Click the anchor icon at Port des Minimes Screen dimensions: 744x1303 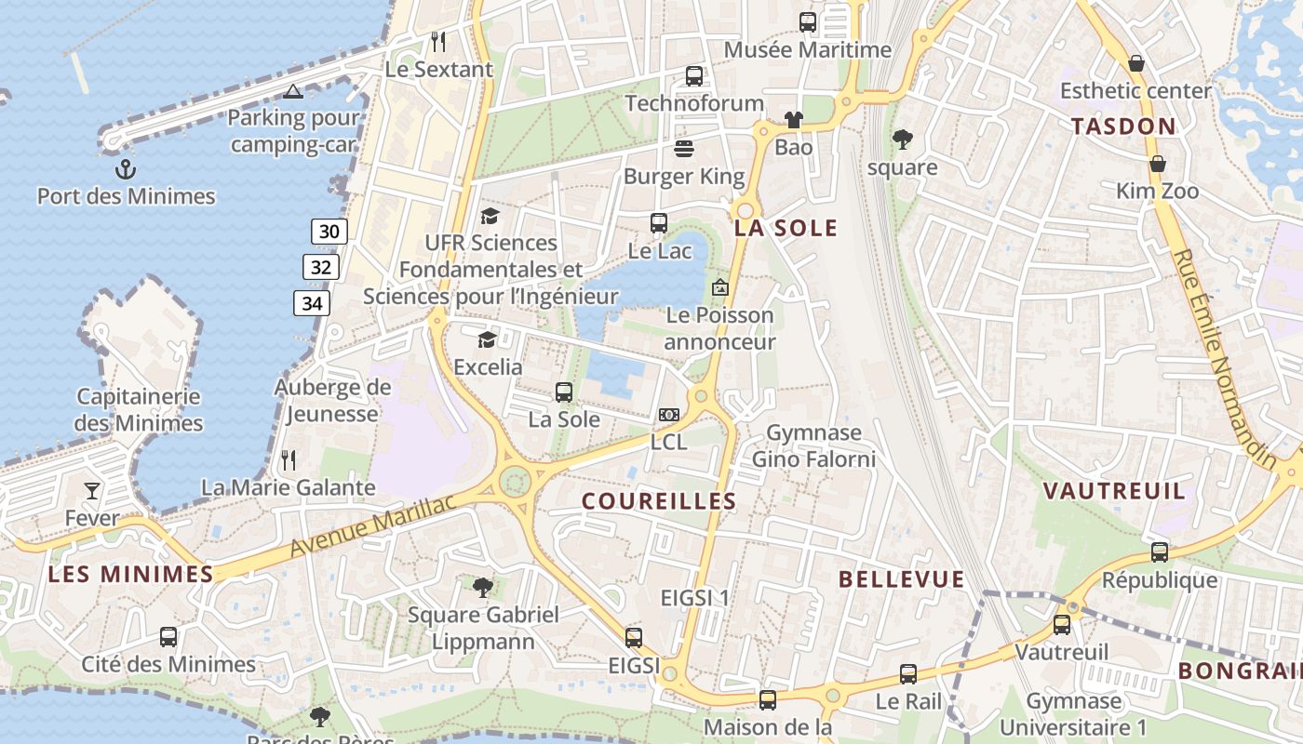click(125, 169)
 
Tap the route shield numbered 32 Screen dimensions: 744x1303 click(321, 268)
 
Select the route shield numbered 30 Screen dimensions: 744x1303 click(329, 232)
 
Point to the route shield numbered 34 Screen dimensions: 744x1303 click(312, 303)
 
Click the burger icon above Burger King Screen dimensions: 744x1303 click(684, 149)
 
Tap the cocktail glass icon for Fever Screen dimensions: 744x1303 click(92, 490)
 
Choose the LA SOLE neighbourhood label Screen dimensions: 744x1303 click(786, 229)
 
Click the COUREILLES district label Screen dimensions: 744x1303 click(659, 501)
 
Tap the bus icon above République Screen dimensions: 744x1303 click(1160, 552)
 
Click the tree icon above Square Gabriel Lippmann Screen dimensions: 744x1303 click(482, 587)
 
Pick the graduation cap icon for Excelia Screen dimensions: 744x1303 click(487, 339)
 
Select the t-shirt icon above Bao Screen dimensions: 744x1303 click(793, 119)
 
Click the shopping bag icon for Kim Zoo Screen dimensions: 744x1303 click(1158, 164)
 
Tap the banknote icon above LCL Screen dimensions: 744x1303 click(668, 415)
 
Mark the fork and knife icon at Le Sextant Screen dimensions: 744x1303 click(438, 42)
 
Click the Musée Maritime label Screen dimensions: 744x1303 click(808, 50)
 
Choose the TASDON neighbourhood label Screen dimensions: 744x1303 click(1123, 126)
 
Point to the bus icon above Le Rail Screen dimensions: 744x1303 click(908, 674)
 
